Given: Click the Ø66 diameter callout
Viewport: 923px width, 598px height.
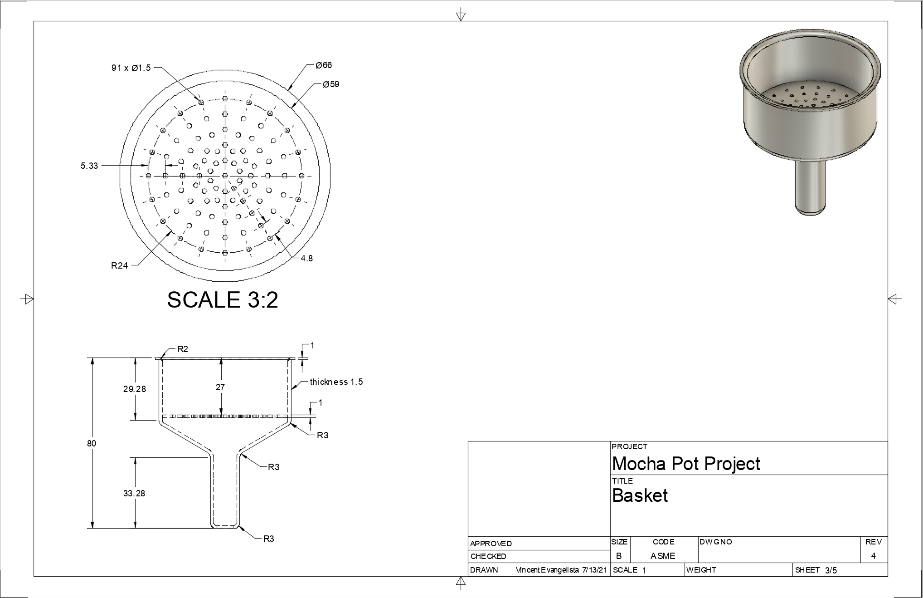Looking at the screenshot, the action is (x=324, y=65).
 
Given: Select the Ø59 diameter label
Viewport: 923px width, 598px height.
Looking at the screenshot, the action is (x=331, y=84).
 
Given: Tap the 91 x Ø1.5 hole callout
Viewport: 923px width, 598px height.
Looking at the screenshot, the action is (x=131, y=68).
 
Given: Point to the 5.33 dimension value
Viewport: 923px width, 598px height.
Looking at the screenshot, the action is (x=89, y=166).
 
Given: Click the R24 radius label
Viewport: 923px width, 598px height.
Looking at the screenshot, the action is (x=120, y=266).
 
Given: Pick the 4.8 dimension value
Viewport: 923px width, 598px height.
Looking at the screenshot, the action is (x=307, y=259).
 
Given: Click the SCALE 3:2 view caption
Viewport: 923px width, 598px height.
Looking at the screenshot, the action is (x=223, y=300).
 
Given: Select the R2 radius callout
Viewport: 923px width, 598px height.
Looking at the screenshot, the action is (x=183, y=349).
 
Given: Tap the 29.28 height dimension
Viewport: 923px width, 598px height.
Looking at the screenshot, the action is (x=135, y=389).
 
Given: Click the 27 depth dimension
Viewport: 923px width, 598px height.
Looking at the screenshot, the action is (x=220, y=387).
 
